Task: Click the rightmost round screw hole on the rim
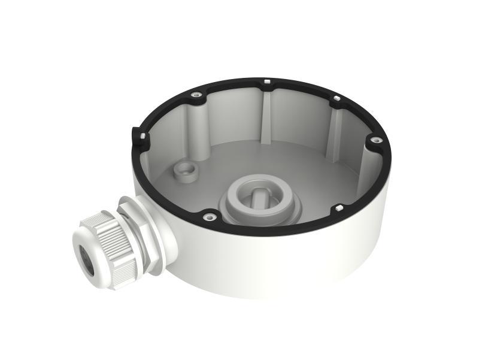pyautogui.click(x=375, y=141)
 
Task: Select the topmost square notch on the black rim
pyautogui.click(x=265, y=79)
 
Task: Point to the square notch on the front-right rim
pyautogui.click(x=339, y=208)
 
